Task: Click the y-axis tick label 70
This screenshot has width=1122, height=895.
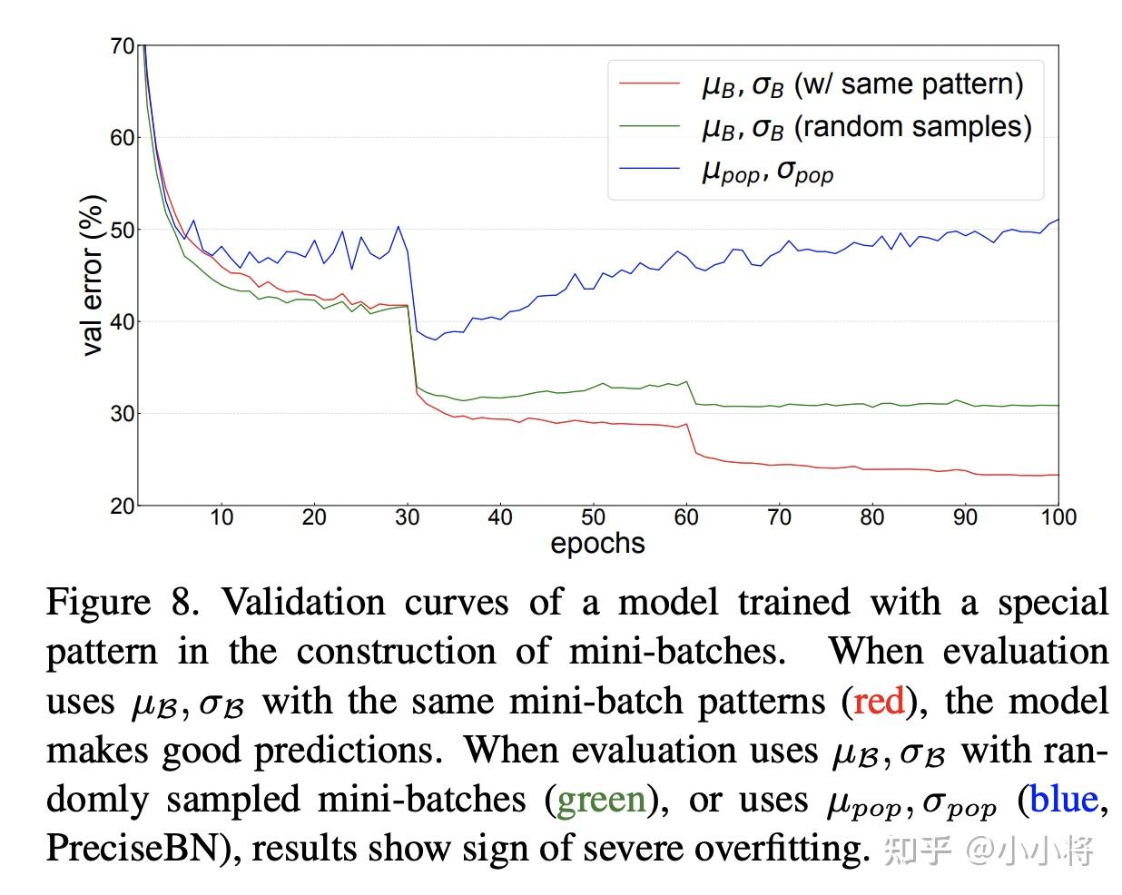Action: pyautogui.click(x=123, y=46)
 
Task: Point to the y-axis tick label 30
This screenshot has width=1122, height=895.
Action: pyautogui.click(x=123, y=414)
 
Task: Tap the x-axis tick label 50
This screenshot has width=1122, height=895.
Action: pyautogui.click(x=593, y=517)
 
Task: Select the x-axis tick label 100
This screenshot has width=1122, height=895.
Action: pyautogui.click(x=1058, y=517)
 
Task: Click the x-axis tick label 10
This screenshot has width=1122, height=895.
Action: pyautogui.click(x=221, y=517)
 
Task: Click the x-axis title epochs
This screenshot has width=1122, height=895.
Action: pyautogui.click(x=597, y=543)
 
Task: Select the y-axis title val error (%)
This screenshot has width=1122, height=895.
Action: pyautogui.click(x=93, y=275)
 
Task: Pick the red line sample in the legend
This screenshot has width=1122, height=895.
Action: pyautogui.click(x=649, y=84)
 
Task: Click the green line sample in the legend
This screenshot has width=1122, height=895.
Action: pyautogui.click(x=649, y=127)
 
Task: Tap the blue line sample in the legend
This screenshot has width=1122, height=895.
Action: pyautogui.click(x=649, y=169)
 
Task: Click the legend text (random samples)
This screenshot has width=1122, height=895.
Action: pyautogui.click(x=912, y=127)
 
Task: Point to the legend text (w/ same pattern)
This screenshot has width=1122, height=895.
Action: pyautogui.click(x=909, y=84)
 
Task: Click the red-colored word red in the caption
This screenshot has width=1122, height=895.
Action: pyautogui.click(x=879, y=702)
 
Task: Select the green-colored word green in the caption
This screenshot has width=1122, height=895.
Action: pyautogui.click(x=601, y=800)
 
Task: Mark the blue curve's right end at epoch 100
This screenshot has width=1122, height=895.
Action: pyautogui.click(x=1058, y=221)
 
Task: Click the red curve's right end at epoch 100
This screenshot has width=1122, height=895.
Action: pyautogui.click(x=1058, y=475)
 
